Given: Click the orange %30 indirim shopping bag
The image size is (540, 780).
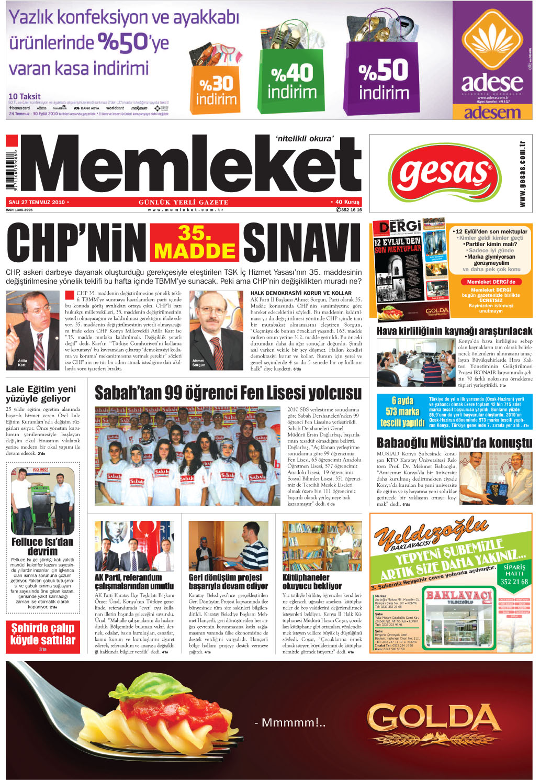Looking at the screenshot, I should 216,89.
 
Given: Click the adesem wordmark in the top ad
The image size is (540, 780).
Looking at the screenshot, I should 492,112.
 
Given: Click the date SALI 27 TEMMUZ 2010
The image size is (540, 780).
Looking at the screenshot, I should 37,202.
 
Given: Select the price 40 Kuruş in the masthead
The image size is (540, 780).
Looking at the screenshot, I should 347,202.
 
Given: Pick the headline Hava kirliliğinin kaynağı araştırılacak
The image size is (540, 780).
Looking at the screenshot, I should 454,331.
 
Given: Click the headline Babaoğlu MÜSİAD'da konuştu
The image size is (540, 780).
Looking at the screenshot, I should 454,443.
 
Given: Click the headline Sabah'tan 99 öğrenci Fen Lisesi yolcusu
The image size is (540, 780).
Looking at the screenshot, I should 228,393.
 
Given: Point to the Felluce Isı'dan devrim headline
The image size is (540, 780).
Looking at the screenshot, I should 42,547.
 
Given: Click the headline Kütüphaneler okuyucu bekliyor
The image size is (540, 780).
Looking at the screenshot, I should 312,582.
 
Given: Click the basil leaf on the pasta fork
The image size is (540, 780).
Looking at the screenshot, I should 152,686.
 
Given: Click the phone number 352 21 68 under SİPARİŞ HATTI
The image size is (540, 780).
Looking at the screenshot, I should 514,582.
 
